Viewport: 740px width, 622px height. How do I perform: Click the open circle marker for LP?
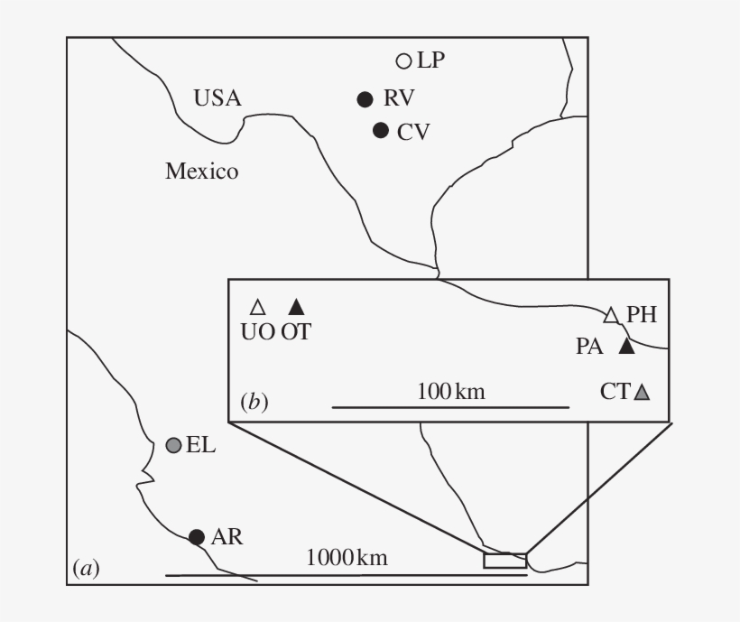pyautogui.click(x=403, y=61)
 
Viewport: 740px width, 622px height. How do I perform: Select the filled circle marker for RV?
pyautogui.click(x=365, y=99)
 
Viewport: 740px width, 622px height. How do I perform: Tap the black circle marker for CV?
pyautogui.click(x=381, y=130)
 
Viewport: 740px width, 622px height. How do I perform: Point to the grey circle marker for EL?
pyautogui.click(x=173, y=445)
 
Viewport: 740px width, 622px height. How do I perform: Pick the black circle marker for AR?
pyautogui.click(x=197, y=537)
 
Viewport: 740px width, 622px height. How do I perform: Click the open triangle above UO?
pyautogui.click(x=258, y=308)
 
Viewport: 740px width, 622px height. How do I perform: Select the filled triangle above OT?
pyautogui.click(x=296, y=307)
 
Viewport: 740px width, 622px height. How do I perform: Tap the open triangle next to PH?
pyautogui.click(x=611, y=316)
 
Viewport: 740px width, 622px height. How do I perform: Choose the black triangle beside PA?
pyautogui.click(x=626, y=347)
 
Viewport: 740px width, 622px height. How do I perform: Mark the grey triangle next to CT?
pyautogui.click(x=642, y=393)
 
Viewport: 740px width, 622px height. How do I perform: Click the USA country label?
pyautogui.click(x=217, y=98)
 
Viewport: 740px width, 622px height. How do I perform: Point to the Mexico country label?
pyautogui.click(x=202, y=171)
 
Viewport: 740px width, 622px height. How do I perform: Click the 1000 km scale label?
pyautogui.click(x=347, y=558)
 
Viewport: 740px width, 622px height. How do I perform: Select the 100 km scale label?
pyautogui.click(x=451, y=392)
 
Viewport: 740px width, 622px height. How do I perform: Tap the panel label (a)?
pyautogui.click(x=87, y=568)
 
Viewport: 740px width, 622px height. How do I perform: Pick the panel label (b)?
pyautogui.click(x=254, y=402)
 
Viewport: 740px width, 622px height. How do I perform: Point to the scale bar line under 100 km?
pyautogui.click(x=450, y=407)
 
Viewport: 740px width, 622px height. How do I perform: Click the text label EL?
pyautogui.click(x=201, y=445)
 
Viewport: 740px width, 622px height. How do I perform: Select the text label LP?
pyautogui.click(x=430, y=60)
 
